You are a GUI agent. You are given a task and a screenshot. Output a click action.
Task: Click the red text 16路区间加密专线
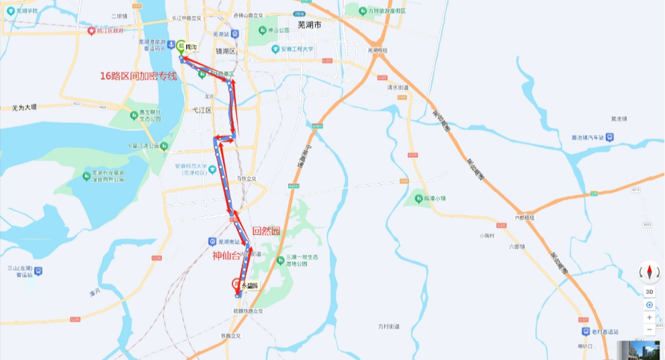[138, 77]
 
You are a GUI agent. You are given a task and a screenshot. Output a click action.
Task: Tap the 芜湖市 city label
[310, 25]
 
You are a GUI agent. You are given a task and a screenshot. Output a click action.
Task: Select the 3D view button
[649, 291]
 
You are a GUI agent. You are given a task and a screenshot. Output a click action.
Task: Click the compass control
[649, 271]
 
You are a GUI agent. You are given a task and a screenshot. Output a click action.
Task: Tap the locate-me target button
[649, 304]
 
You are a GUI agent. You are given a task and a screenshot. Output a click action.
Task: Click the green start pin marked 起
[181, 46]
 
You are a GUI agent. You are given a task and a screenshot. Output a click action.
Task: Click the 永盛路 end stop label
[250, 284]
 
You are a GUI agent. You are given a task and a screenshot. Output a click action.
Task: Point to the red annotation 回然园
[265, 230]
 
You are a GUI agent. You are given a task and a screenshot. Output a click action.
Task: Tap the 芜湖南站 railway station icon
[212, 241]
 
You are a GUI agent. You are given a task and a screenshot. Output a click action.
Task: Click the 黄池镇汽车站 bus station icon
[609, 137]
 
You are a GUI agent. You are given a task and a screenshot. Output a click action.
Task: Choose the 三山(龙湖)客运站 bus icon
[38, 271]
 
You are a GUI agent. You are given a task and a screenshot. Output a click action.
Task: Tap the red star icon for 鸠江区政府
[91, 31]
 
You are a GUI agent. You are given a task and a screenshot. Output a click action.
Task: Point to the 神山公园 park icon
[263, 30]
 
